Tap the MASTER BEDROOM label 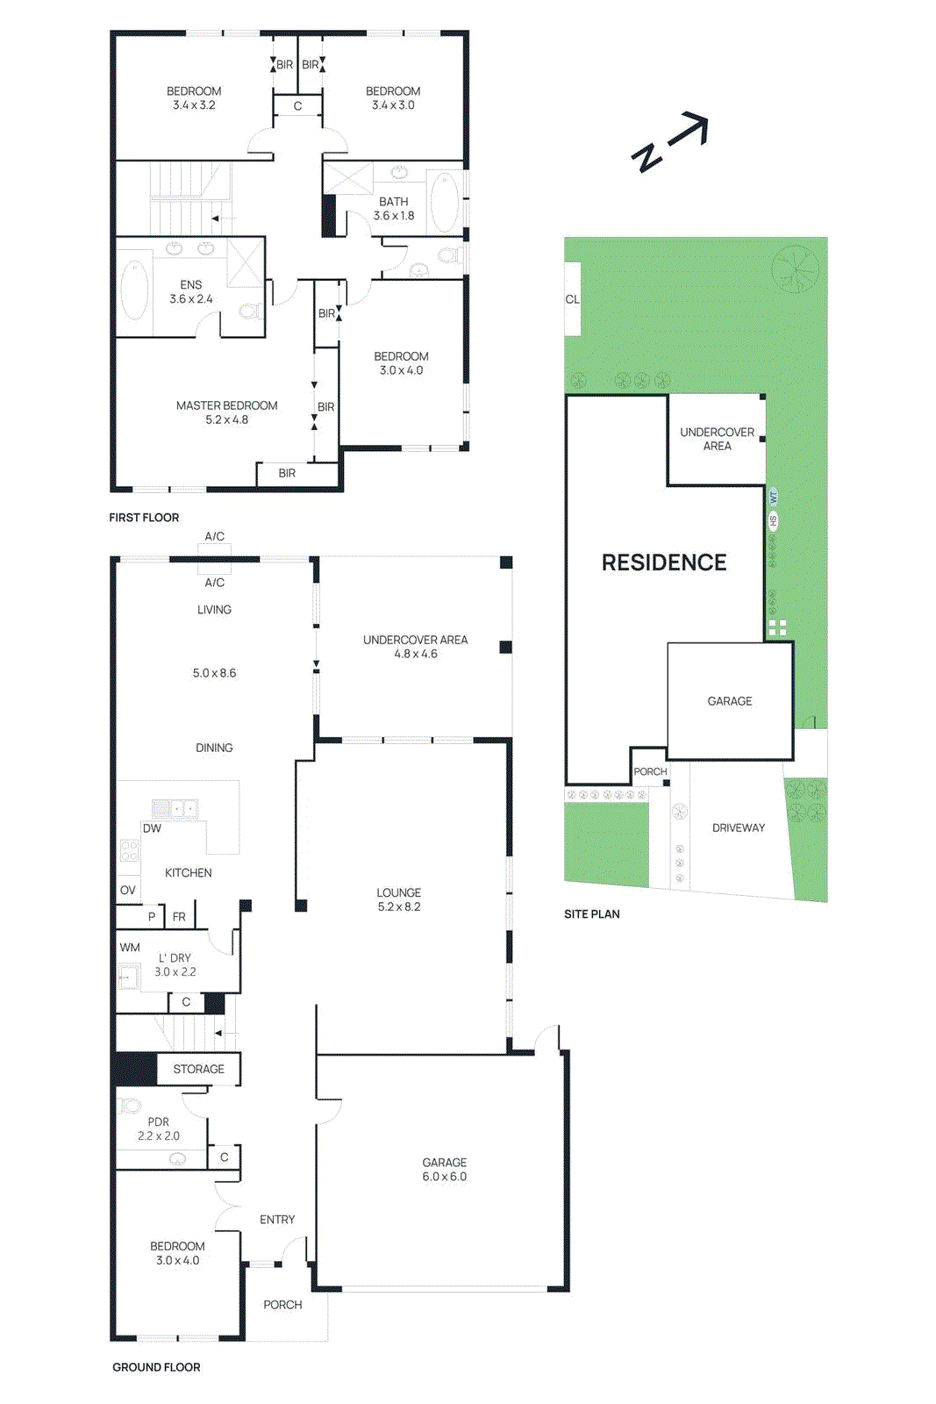[226, 412]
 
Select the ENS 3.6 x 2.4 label [190, 291]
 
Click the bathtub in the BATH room [445, 201]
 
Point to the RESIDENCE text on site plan [664, 562]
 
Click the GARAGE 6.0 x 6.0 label [444, 1169]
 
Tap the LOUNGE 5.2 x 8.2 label [399, 899]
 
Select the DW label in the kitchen [152, 828]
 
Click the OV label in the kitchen [128, 890]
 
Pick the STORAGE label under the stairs [198, 1069]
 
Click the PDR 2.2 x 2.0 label [159, 1128]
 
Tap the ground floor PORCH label [282, 1305]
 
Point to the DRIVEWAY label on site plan [738, 827]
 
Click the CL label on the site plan [572, 299]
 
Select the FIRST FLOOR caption [144, 518]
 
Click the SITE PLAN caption [591, 914]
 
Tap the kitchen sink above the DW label [175, 808]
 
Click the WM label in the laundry [130, 947]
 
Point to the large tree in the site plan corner [795, 269]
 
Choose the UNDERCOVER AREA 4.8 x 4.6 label [415, 647]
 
